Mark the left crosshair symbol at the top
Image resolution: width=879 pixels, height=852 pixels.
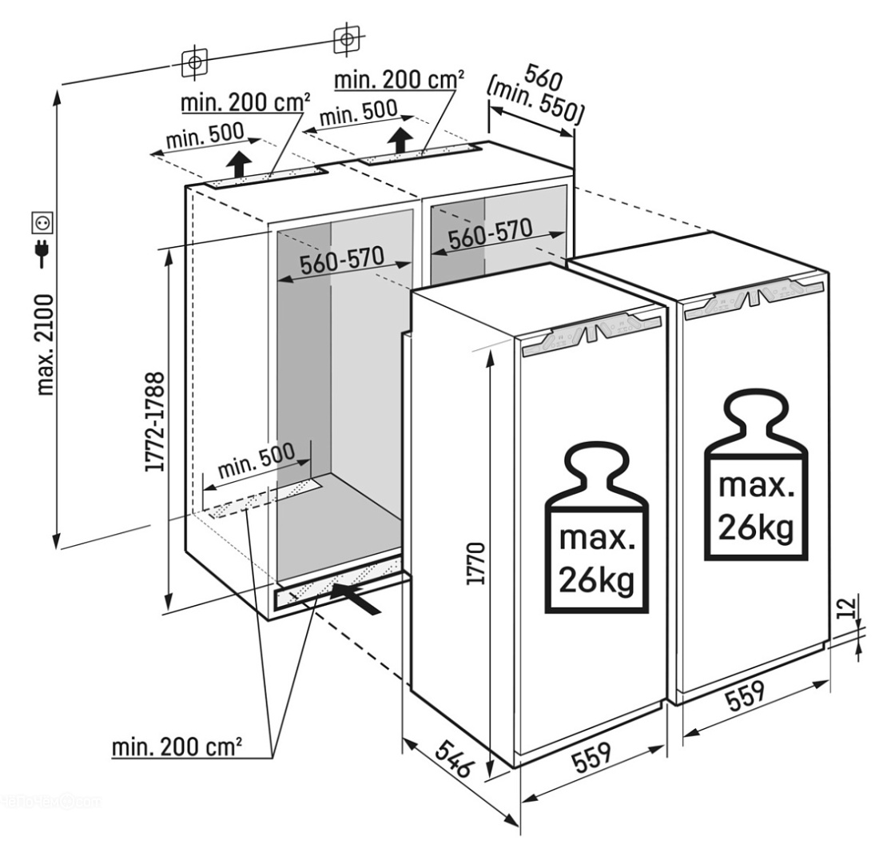pos(194,62)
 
